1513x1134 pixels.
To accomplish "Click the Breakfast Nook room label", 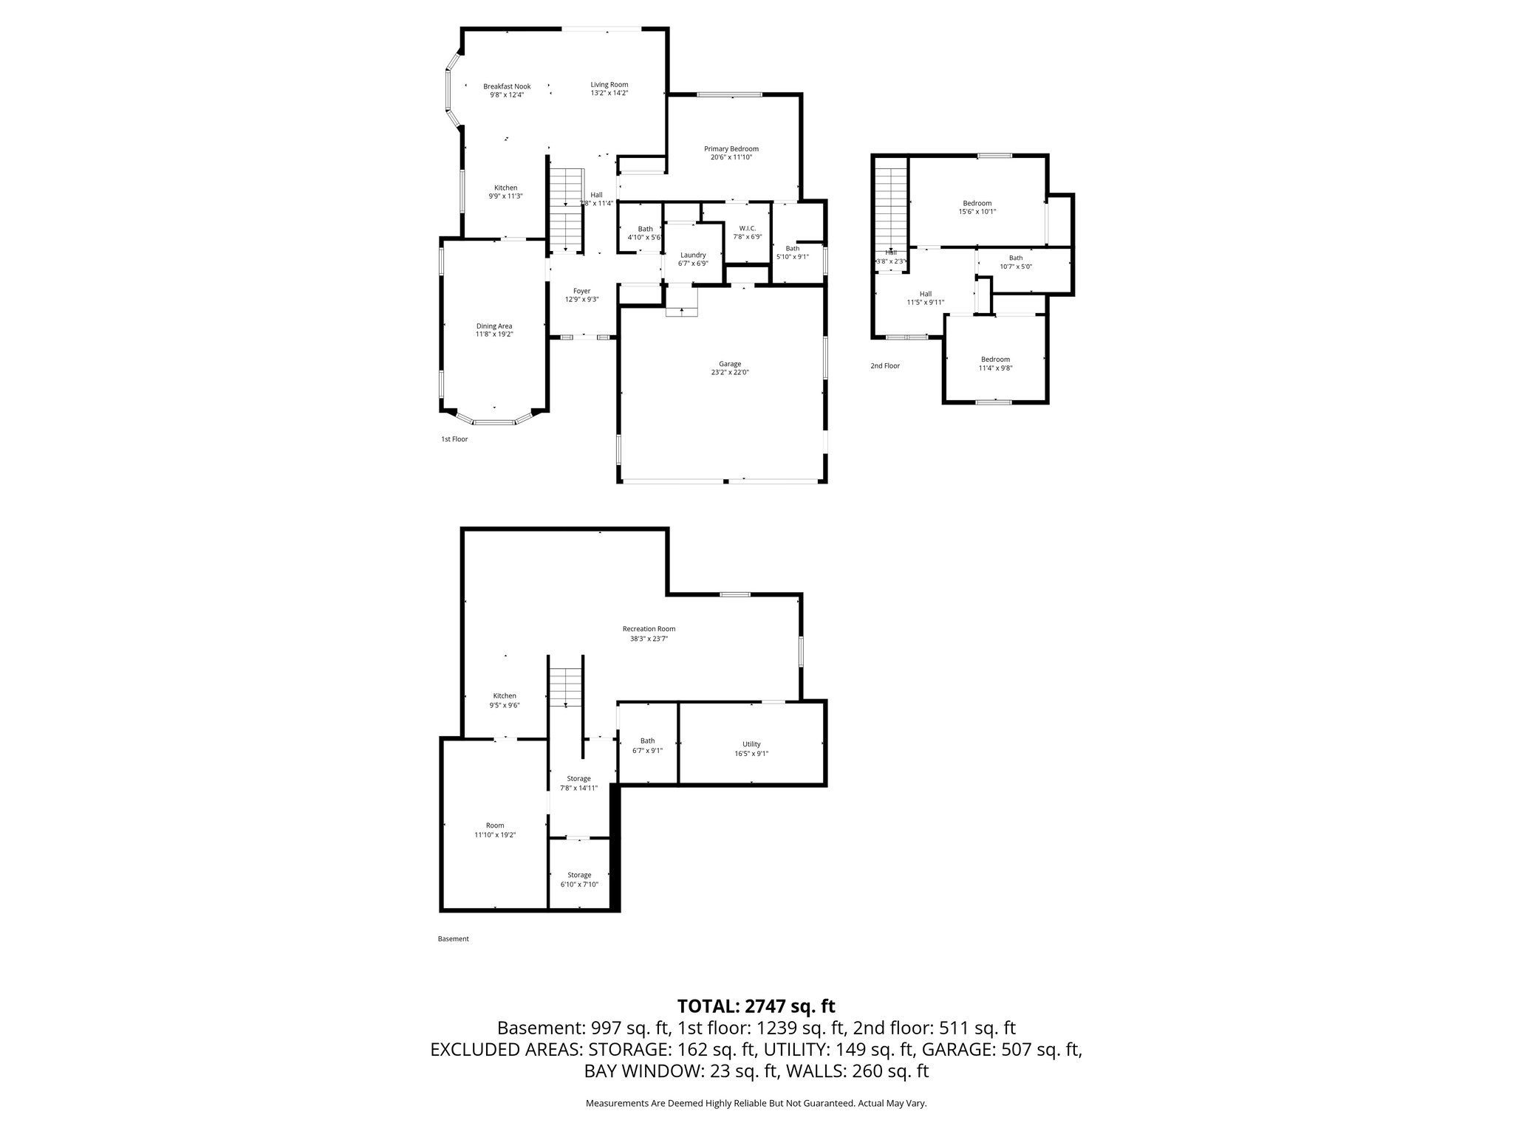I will click(507, 86).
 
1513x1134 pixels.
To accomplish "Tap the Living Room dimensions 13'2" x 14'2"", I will click(609, 94).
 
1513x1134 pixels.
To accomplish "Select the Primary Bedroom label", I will click(731, 149).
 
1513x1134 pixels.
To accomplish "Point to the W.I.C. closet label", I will click(747, 229).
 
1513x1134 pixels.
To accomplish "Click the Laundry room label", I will click(692, 255).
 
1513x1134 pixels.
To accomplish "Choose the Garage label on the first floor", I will click(729, 364).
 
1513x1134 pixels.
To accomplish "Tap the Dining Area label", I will click(493, 326).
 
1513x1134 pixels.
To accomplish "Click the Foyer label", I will click(581, 291).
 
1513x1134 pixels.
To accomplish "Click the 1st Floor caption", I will click(454, 439).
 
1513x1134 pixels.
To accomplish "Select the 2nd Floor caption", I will click(884, 365).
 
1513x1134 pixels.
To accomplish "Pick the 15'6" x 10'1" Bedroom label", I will click(977, 203).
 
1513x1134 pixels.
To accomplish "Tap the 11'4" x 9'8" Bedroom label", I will click(995, 360).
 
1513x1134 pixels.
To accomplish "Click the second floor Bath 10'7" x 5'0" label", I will click(1016, 258).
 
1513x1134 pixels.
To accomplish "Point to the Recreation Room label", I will click(649, 629).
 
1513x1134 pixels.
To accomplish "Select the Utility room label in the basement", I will click(751, 744).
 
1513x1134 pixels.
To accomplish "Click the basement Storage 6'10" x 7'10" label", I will click(579, 875).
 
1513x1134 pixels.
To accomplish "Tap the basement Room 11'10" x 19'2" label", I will click(494, 825).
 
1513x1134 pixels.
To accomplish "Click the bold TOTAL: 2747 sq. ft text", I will click(756, 1006).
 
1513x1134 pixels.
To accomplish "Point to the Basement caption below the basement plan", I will click(453, 939).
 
